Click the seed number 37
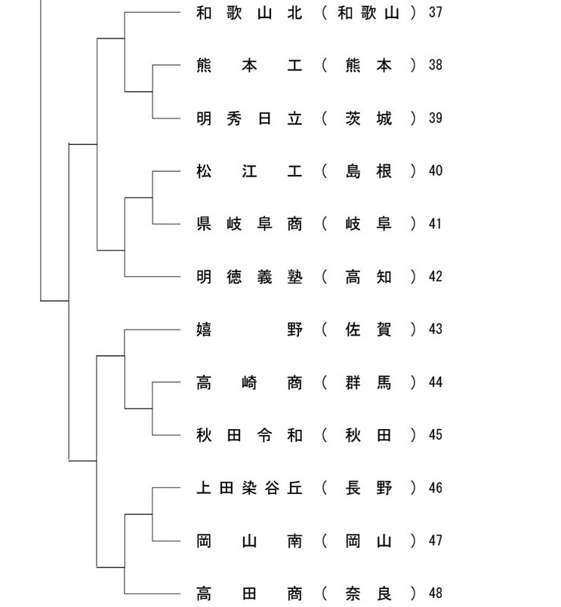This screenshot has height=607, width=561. tap(436, 12)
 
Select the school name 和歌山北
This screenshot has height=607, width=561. tap(249, 13)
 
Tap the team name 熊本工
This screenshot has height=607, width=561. tap(249, 65)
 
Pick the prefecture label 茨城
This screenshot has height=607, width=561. tap(368, 118)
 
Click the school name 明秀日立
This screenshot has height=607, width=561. tap(249, 118)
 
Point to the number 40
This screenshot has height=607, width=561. tap(436, 170)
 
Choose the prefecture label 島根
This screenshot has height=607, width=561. tap(368, 171)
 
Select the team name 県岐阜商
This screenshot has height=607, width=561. tap(249, 224)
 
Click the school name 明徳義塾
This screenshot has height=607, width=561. tap(249, 277)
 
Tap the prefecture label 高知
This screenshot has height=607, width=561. tap(368, 277)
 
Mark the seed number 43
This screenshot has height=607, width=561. tap(436, 329)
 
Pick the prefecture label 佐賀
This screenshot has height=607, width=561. tap(368, 330)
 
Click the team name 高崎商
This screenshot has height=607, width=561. tap(249, 383)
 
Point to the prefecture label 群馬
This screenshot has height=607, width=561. tap(368, 383)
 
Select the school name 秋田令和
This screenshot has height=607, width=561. tap(249, 436)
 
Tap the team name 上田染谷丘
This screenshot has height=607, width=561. tap(249, 488)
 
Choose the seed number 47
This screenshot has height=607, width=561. tap(436, 541)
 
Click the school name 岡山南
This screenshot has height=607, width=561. tap(249, 541)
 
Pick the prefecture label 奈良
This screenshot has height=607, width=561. tap(368, 593)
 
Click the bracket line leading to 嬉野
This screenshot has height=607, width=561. tap(153, 330)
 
